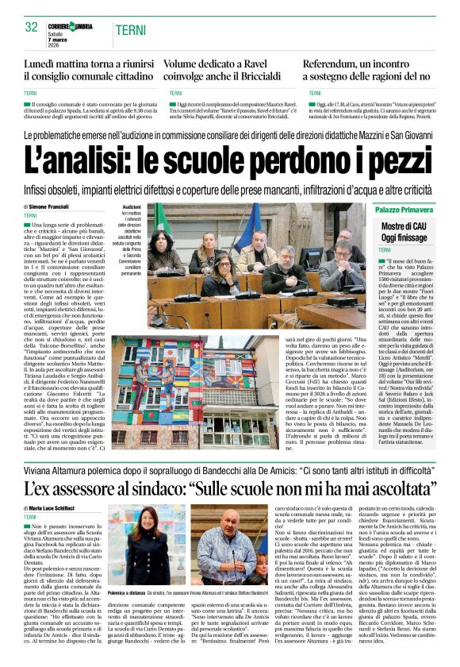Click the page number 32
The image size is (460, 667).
[x=32, y=27]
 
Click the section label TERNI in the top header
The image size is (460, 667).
[x=130, y=30]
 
